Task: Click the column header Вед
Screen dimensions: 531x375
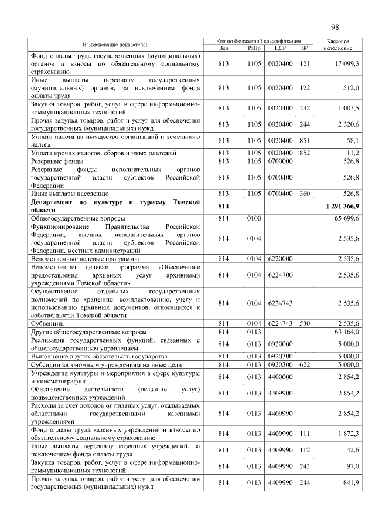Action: [223, 48]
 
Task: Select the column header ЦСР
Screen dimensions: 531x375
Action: [279, 48]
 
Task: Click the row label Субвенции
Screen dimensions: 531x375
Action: [47, 323]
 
